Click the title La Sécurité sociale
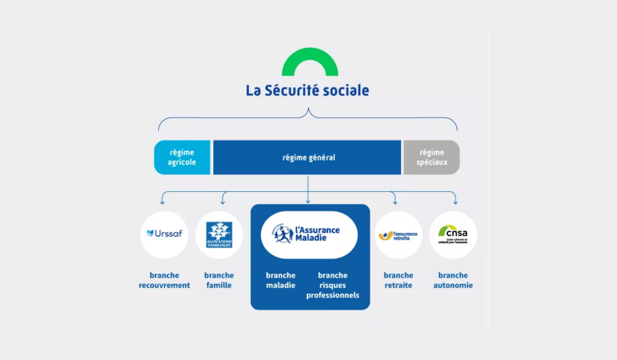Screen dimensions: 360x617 pos(307,91)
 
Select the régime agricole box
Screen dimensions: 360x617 pos(182,158)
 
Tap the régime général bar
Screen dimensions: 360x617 pos(307,158)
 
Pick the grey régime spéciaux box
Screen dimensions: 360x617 pos(432,158)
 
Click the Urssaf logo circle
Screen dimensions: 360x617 pos(165,234)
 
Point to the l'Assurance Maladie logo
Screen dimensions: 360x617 pos(310,234)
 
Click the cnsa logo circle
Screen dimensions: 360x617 pos(453,234)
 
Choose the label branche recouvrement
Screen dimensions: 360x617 pos(165,280)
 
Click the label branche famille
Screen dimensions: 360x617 pos(219,280)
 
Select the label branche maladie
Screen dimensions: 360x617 pos(281,280)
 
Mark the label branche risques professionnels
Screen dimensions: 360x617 pos(333,285)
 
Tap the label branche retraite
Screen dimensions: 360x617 pos(398,280)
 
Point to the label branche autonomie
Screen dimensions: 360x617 pos(453,280)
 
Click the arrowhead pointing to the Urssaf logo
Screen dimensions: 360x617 pos(162,202)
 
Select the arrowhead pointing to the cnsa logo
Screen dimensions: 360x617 pos(455,202)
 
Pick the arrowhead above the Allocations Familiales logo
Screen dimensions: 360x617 pos(223,202)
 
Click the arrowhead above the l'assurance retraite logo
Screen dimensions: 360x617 pos(395,202)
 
